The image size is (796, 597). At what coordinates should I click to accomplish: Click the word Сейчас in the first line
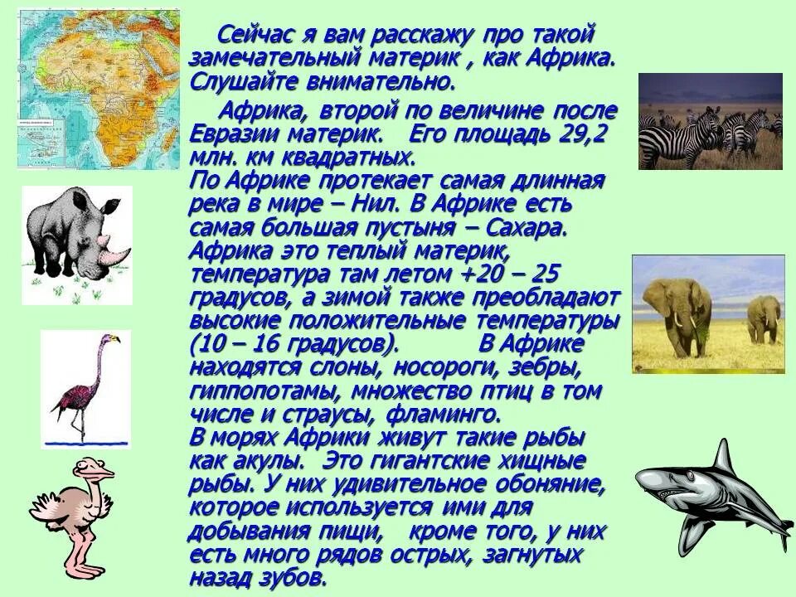coord(255,36)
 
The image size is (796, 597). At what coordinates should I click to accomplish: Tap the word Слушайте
coord(240,82)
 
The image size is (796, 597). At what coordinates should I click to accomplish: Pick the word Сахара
coord(527,227)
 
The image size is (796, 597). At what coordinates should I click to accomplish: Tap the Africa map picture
coord(98,88)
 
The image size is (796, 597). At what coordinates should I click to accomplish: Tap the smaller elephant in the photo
coord(763,318)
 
